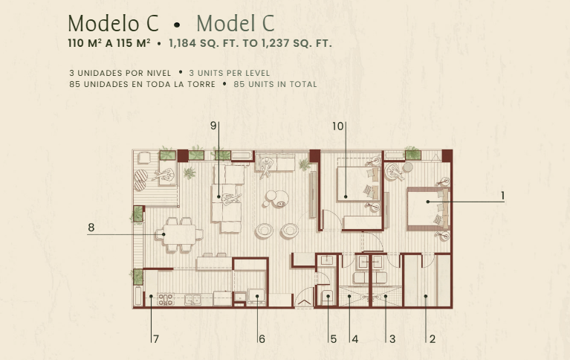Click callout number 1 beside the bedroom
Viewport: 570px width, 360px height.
503,196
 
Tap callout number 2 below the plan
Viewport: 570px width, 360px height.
433,339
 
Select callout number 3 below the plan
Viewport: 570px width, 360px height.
392,339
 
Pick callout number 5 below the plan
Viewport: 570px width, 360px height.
334,339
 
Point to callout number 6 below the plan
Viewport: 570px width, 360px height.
262,339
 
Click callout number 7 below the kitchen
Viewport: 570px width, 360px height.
156,339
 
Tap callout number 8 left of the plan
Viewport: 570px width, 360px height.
91,228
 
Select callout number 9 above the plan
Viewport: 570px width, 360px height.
213,126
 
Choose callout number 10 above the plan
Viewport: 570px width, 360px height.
337,126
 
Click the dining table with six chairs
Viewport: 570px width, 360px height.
179,235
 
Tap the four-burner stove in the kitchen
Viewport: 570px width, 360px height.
166,300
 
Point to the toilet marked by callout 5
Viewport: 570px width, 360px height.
327,298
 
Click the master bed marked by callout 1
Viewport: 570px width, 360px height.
428,209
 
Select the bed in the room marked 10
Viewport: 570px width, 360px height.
358,184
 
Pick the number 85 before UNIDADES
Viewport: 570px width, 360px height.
75,85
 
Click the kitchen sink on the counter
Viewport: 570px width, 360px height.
192,300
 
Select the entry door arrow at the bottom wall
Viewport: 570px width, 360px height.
304,303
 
